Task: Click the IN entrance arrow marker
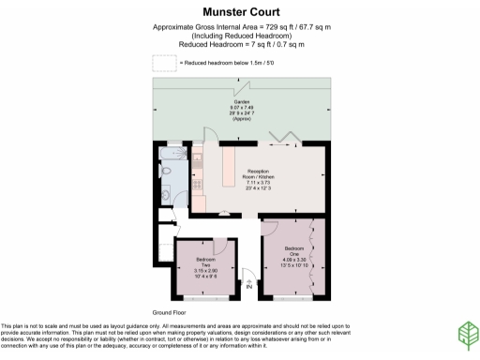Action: (x=249, y=287)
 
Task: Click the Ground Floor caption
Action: (x=169, y=311)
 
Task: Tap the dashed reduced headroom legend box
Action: (x=163, y=63)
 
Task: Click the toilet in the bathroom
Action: (x=165, y=182)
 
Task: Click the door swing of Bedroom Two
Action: (x=225, y=233)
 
